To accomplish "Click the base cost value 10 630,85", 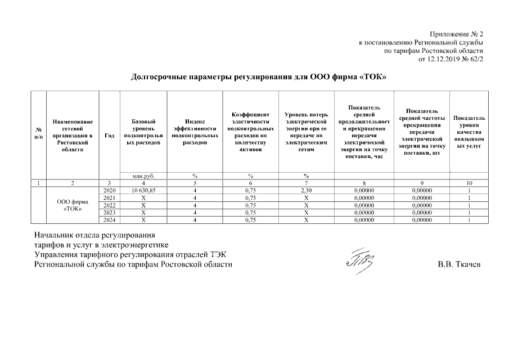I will coord(143,191).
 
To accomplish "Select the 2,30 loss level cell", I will coord(306,191).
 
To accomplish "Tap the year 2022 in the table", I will coord(110,205).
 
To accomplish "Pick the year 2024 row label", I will coord(110,220).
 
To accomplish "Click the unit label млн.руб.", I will coord(143,175).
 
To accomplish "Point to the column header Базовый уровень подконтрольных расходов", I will coord(143,132).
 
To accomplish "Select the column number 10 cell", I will coord(469,183).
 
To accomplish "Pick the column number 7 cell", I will coord(306,183).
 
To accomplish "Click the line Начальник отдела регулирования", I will coord(94,235).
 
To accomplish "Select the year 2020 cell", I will coord(110,191).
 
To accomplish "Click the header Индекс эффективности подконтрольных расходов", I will coord(194,132).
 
